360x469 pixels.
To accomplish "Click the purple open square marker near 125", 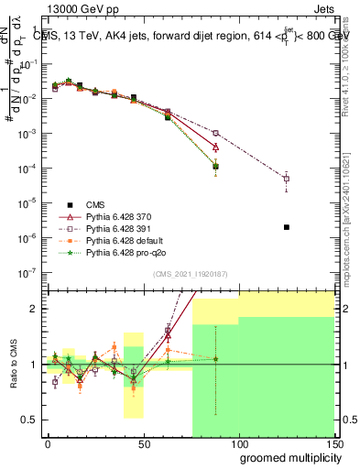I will (287, 179).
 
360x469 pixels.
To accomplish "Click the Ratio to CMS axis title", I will (12, 365).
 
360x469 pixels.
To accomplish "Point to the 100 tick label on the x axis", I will (239, 443).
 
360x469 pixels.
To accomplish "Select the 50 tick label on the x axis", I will (143, 443).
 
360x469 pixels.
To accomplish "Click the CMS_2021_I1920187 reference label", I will (190, 274).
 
